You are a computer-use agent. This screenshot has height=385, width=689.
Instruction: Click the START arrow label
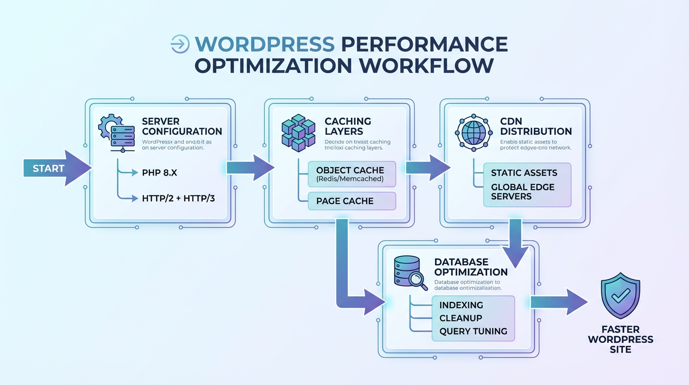coord(49,168)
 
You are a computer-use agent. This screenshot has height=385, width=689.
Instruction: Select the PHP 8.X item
coord(160,173)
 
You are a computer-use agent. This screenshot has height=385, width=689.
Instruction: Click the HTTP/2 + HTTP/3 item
coord(178,199)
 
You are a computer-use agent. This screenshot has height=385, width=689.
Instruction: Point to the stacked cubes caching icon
coord(298,133)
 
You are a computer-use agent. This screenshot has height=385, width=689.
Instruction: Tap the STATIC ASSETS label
coord(524,173)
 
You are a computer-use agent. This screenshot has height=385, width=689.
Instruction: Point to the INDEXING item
coord(461,305)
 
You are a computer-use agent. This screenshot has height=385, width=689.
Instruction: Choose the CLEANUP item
coord(461,318)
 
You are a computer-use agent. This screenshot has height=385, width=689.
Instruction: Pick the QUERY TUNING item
coord(473,331)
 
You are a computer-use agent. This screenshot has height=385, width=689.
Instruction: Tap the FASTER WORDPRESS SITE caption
coord(620,339)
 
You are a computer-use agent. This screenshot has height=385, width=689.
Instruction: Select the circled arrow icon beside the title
coord(180,44)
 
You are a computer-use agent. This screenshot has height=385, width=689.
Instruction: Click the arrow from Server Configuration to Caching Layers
coord(249,167)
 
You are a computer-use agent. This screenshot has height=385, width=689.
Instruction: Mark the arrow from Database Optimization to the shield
coord(558,302)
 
